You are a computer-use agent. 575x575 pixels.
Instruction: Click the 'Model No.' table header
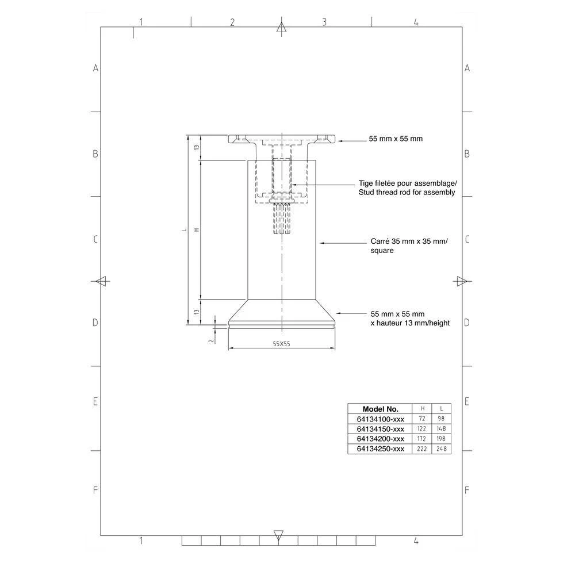tap(380, 409)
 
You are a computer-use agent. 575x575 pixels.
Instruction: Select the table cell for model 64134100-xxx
tap(380, 419)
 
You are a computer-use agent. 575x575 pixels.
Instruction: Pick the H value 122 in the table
tap(422, 429)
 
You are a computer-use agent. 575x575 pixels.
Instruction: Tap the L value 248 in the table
tap(441, 449)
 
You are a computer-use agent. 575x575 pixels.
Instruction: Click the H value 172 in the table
tap(422, 439)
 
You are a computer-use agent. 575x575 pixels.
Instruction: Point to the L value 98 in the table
tap(441, 419)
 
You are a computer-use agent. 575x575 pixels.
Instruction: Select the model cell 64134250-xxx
tap(380, 449)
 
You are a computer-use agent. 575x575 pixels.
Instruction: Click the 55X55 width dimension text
tap(281, 343)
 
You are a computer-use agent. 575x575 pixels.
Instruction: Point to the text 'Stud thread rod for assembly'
tap(407, 193)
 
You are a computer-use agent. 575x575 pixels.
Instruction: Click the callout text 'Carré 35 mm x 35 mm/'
tap(408, 241)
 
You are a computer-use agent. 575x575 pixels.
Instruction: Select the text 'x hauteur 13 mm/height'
tap(410, 323)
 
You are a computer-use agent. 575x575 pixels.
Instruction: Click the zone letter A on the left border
tap(96, 68)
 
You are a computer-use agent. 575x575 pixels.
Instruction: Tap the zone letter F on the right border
tap(467, 490)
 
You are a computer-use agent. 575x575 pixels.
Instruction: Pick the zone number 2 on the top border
tap(232, 22)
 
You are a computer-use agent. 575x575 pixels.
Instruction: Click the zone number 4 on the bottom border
tap(416, 541)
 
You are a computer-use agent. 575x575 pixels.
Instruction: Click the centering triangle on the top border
tap(281, 27)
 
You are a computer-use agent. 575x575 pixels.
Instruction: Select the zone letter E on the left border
tap(96, 401)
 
